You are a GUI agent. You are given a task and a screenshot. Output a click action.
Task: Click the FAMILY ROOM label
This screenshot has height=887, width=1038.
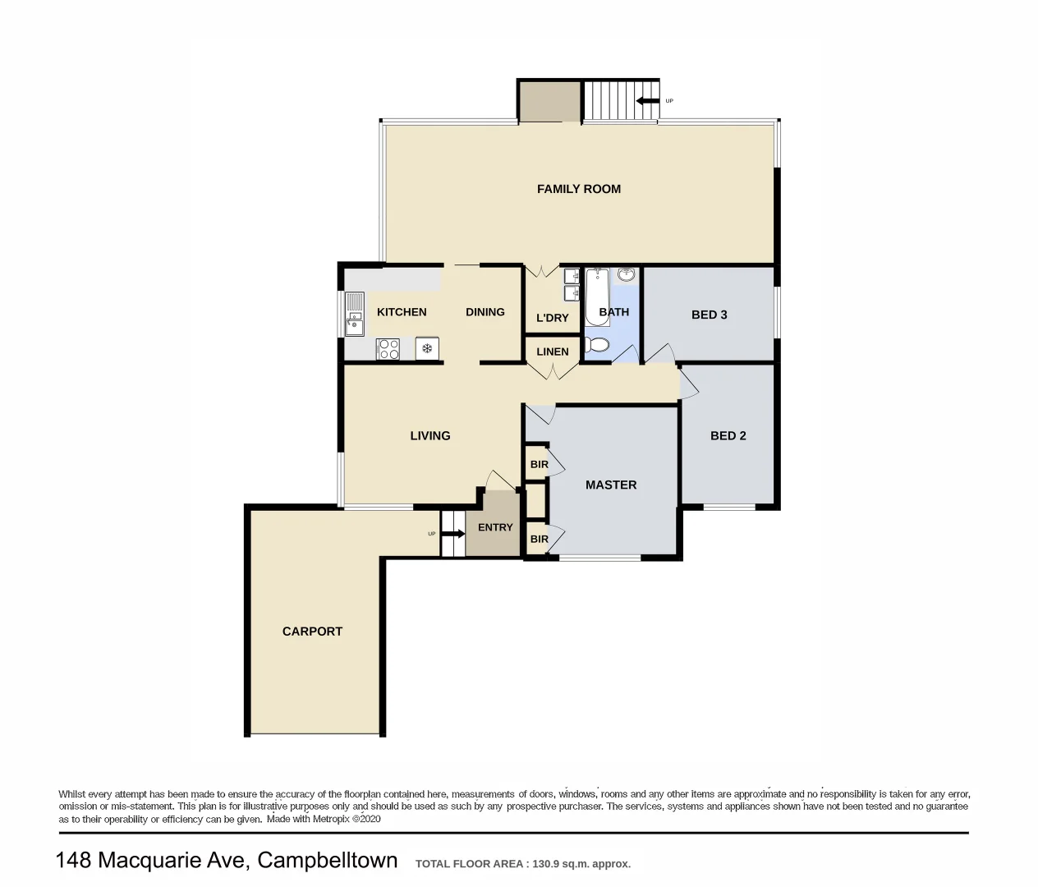click(578, 189)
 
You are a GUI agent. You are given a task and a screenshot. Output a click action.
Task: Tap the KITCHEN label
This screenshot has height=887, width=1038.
click(402, 312)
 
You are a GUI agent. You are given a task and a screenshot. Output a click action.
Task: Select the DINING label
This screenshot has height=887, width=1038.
click(485, 312)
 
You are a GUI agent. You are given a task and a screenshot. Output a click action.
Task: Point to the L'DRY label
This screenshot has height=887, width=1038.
click(552, 318)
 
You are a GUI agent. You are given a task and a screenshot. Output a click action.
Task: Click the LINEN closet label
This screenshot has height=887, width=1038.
click(552, 352)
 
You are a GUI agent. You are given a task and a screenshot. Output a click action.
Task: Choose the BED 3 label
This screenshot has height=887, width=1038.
click(709, 315)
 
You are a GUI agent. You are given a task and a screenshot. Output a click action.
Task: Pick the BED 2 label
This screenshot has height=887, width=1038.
click(728, 436)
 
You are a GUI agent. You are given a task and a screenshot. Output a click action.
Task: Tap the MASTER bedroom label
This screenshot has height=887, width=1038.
click(610, 485)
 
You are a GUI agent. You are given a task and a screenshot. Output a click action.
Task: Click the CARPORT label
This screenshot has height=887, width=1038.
click(312, 632)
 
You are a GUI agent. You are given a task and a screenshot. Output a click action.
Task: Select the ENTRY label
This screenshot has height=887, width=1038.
click(495, 527)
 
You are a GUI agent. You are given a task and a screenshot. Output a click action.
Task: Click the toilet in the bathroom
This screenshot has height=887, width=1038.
click(597, 344)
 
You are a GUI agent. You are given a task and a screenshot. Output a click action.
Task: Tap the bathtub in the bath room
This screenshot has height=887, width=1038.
click(596, 296)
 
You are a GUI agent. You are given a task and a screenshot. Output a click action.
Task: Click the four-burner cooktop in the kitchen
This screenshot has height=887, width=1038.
click(388, 349)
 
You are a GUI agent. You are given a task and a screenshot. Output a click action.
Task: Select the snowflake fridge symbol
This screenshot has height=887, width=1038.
click(427, 349)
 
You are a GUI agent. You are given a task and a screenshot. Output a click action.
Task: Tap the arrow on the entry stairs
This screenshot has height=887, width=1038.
click(453, 534)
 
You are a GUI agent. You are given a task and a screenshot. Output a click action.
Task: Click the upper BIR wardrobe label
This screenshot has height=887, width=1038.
click(539, 465)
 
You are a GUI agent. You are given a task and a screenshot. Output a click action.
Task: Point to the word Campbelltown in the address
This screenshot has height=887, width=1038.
click(327, 861)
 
